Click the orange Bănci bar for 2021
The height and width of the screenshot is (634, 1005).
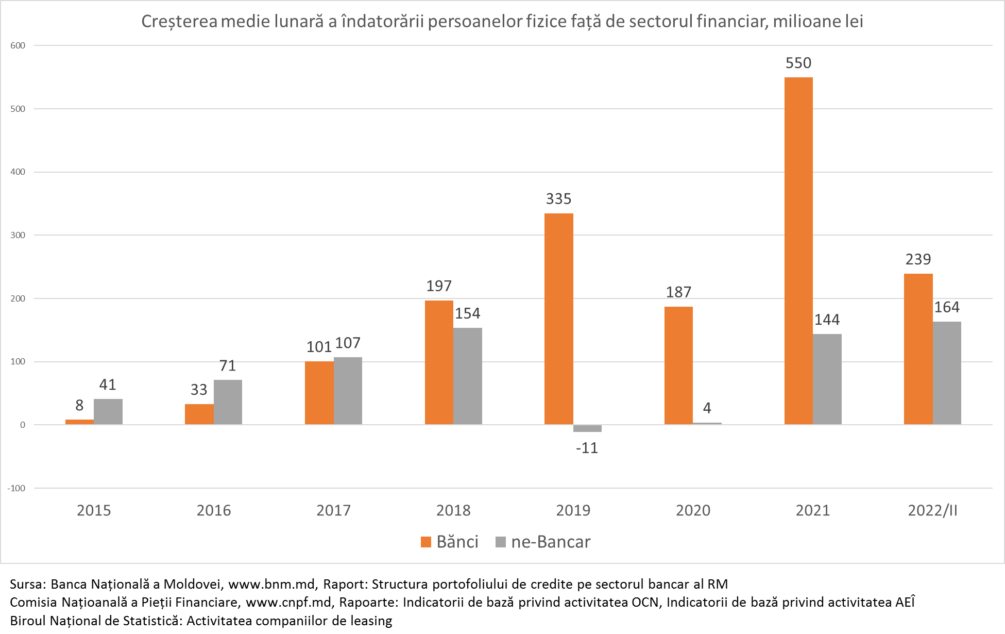(x=798, y=251)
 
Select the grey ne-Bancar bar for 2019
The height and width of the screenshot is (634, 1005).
(x=587, y=428)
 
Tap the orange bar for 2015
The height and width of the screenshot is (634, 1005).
(x=79, y=422)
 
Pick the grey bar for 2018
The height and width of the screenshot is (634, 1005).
(x=468, y=376)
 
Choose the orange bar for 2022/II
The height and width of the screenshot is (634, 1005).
(x=918, y=349)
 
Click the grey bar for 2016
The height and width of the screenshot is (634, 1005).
(x=228, y=402)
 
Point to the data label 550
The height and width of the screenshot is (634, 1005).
(x=798, y=63)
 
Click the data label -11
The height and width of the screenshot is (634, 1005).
(x=587, y=448)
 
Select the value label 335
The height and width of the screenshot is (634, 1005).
(x=559, y=199)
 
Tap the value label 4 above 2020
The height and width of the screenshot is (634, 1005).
(x=707, y=408)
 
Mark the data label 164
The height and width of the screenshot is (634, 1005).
(x=947, y=307)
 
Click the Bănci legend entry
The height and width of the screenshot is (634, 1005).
(x=450, y=542)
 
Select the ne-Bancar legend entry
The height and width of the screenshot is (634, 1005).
(x=543, y=542)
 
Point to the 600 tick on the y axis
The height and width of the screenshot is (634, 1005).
(x=18, y=45)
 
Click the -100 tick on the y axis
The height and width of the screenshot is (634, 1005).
(x=16, y=488)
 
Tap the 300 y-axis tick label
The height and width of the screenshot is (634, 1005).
(x=18, y=235)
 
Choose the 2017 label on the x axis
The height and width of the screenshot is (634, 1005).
(x=333, y=510)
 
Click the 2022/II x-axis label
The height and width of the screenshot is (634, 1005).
(x=932, y=510)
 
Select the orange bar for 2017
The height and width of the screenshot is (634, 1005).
(x=319, y=393)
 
